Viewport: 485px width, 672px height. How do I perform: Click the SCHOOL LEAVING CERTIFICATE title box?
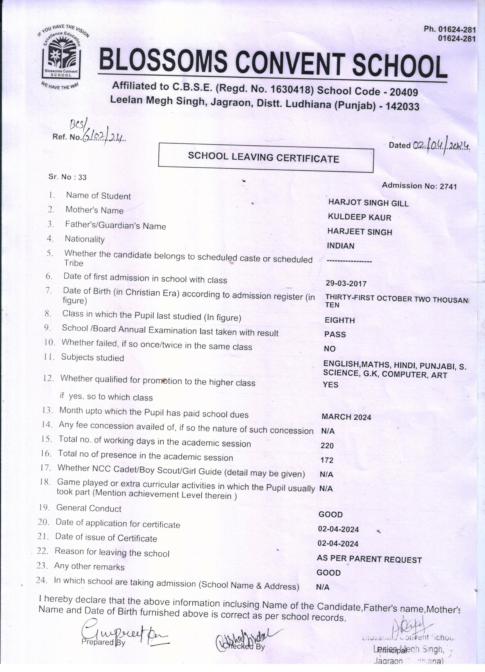tap(266, 158)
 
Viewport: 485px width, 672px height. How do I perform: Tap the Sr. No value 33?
tap(82, 177)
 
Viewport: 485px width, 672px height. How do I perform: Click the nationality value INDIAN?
tap(341, 246)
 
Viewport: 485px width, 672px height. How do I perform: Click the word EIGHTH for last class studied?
tap(340, 320)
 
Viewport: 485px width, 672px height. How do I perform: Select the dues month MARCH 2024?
tap(346, 417)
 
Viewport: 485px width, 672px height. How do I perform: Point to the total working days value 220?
tap(327, 446)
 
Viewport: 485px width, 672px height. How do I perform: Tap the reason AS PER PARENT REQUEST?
tap(369, 559)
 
